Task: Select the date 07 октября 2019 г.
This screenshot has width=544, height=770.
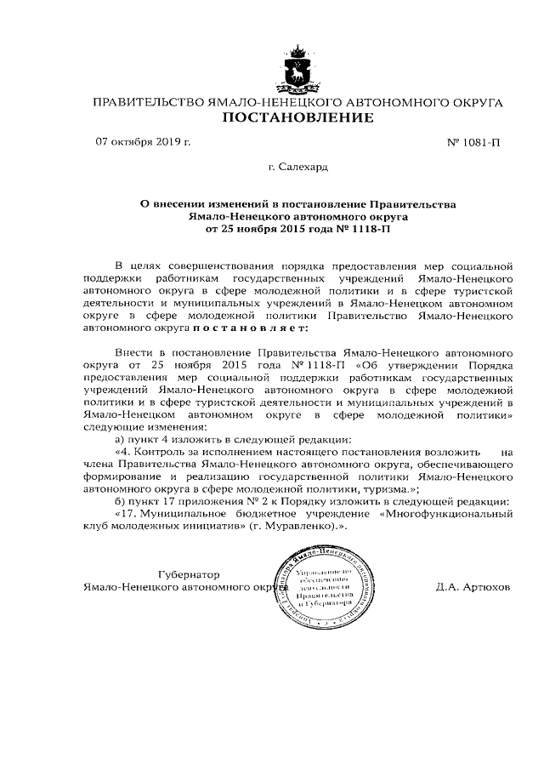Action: [x=143, y=141]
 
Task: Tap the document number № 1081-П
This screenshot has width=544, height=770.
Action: [x=473, y=142]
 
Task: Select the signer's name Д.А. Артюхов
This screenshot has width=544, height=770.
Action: [x=473, y=587]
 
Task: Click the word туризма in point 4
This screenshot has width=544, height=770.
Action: [x=382, y=490]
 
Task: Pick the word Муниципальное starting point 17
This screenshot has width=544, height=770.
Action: [x=180, y=515]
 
